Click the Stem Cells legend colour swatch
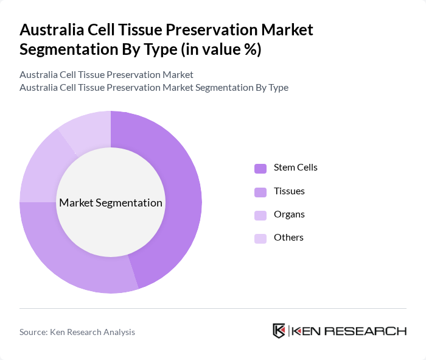260,169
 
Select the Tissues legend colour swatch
260,192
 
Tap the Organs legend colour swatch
260,216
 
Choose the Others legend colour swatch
260,239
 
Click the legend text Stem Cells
295,168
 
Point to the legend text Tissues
289,191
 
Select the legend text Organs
289,214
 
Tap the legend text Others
288,238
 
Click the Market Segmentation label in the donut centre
111,203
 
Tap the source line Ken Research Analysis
77,332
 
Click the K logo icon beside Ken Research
279,331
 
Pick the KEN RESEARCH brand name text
349,331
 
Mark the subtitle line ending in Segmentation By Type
154,87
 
